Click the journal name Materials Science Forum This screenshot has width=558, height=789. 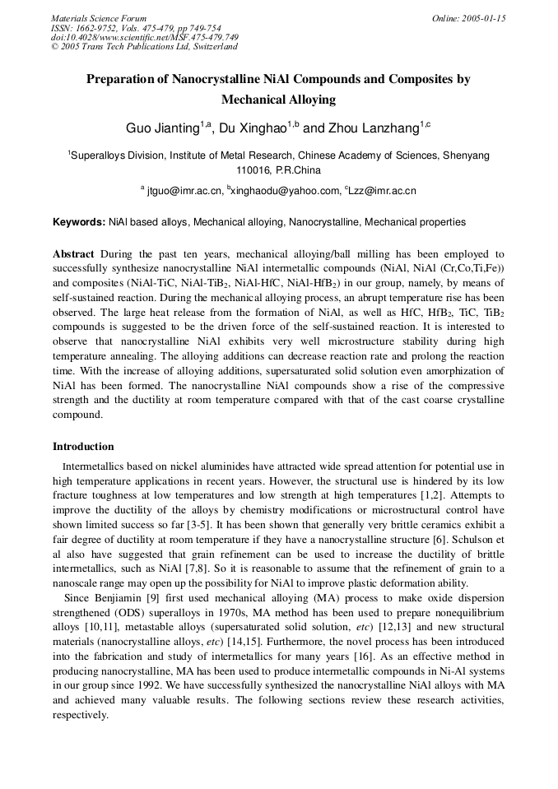(x=99, y=18)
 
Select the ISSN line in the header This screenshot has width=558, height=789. (x=133, y=28)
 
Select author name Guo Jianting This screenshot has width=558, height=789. (x=162, y=128)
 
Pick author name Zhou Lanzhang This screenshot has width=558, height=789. (x=373, y=128)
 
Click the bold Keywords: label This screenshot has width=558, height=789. (x=79, y=222)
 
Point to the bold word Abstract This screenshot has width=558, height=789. (x=73, y=254)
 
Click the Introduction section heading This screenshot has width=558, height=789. (x=83, y=447)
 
